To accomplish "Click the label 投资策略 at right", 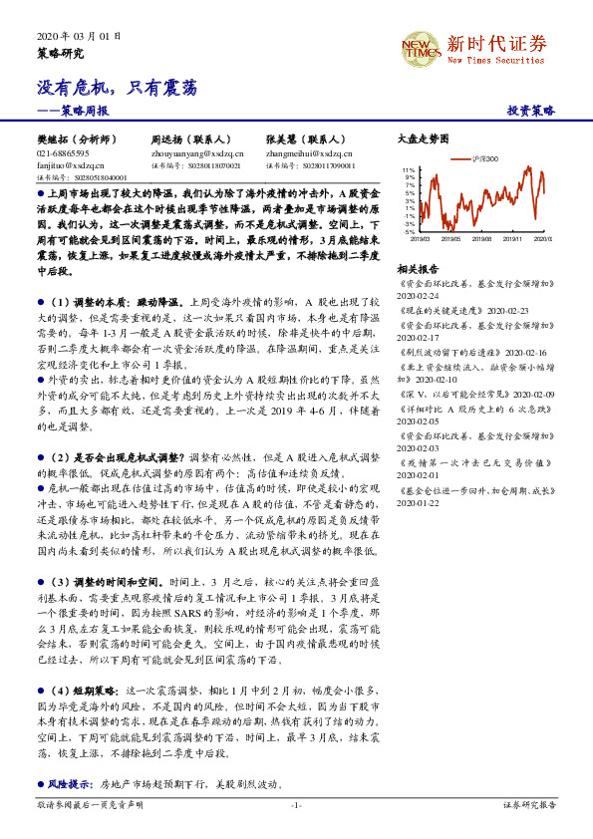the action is tap(530, 112).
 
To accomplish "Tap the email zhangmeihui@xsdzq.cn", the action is tap(309, 154).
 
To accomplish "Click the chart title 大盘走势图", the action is tap(424, 141).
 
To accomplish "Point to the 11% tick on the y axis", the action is tap(409, 170).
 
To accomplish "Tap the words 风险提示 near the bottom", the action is tap(64, 784).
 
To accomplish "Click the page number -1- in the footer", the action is tap(296, 804).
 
